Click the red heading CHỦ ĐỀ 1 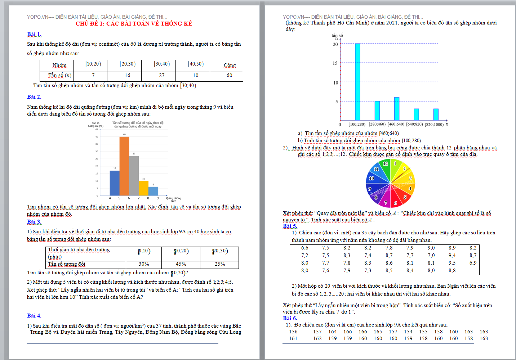coord(134,24)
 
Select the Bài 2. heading coord(34,97)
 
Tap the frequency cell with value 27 coord(161,76)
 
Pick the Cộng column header coord(230,66)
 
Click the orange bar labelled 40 coord(124,166)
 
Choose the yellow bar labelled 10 coord(143,188)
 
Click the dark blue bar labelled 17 coord(115,183)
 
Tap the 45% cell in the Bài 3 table coord(181,264)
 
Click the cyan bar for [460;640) coord(397,109)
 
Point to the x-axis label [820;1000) coord(434,125)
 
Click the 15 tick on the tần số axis coord(335,63)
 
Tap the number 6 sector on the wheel coord(395,203)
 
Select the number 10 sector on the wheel coord(372,178)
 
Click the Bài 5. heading coord(290,226)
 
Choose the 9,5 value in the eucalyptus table coord(452,263)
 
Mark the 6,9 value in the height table coord(473,263)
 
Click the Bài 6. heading coord(290,318)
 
